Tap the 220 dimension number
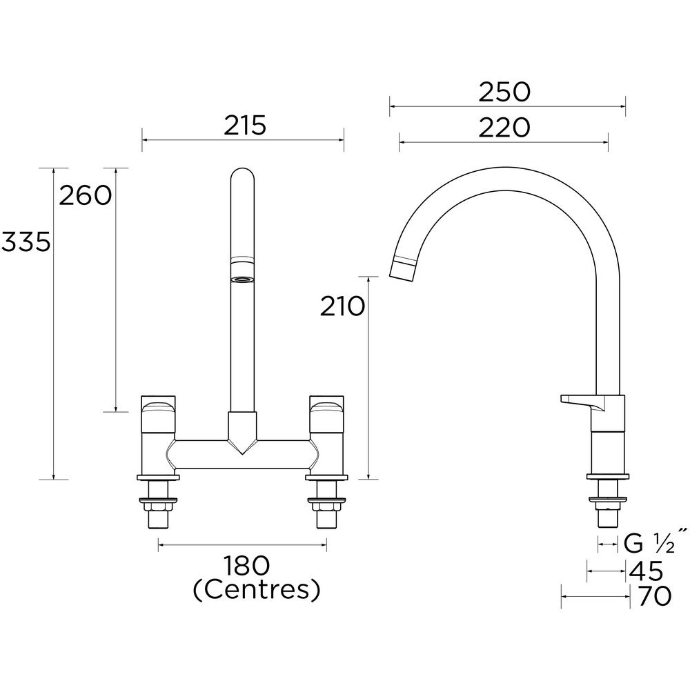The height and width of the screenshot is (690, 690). [x=504, y=128]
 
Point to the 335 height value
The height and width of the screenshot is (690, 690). [x=26, y=242]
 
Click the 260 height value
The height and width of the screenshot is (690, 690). [x=85, y=196]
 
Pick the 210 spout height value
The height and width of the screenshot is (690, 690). [x=342, y=306]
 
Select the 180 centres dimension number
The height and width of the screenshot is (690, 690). [x=246, y=566]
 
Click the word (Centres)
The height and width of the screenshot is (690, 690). [x=256, y=590]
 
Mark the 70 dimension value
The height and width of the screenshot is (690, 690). [x=654, y=597]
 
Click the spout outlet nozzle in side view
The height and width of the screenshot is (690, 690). [x=404, y=268]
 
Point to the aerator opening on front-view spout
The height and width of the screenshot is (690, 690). [x=242, y=279]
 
